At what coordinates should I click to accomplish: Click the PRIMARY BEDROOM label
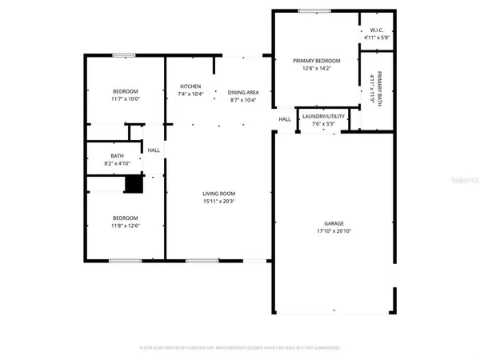(x=316, y=61)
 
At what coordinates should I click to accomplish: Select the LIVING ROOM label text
(x=218, y=194)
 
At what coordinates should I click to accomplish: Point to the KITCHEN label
(x=190, y=86)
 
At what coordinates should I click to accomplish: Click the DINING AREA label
(x=243, y=92)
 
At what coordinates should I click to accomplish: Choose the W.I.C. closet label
(x=377, y=31)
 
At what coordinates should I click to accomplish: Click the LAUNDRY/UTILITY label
(x=323, y=116)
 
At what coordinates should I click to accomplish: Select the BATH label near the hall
(x=117, y=156)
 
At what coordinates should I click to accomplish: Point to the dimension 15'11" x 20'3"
(x=218, y=202)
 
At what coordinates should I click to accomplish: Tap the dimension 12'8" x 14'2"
(x=316, y=69)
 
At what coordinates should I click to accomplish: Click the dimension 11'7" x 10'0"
(x=126, y=99)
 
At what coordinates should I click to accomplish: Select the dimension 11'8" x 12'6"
(x=126, y=226)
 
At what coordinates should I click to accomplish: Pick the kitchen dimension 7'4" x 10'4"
(x=190, y=94)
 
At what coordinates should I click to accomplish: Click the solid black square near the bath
(x=134, y=184)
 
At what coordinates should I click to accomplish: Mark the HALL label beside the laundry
(x=285, y=120)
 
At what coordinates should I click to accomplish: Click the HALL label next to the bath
(x=154, y=150)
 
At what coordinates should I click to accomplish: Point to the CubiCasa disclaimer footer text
(x=240, y=348)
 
